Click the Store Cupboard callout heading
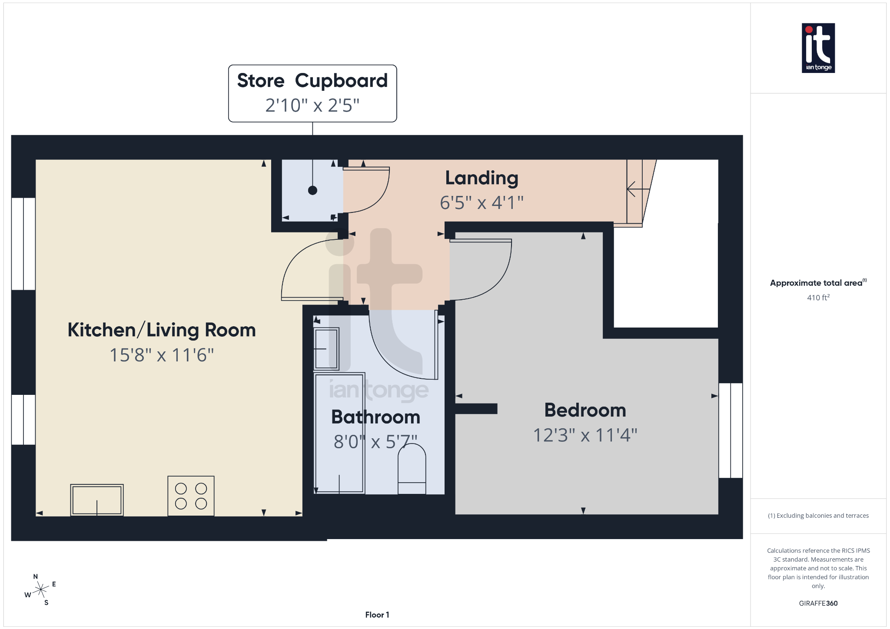312,81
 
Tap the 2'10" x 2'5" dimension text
312,106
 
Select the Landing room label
482,178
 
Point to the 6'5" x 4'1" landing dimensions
482,203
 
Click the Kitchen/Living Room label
162,330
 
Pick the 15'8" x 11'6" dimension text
162,355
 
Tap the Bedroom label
585,410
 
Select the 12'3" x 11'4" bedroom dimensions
585,435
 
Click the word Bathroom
375,417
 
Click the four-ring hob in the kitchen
191,496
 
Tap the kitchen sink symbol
97,500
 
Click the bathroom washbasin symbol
326,349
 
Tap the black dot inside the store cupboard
312,190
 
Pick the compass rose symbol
41,589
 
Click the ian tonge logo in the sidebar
818,48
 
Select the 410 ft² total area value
818,298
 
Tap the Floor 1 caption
377,615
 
